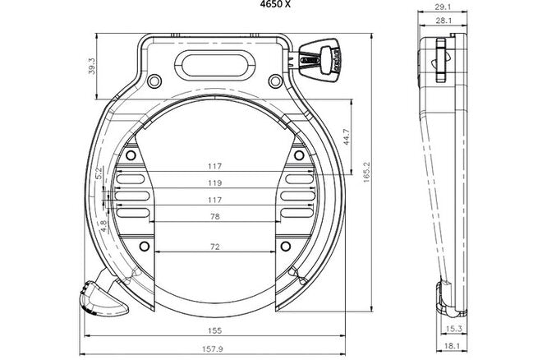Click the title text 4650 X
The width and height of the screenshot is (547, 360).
(x=273, y=4)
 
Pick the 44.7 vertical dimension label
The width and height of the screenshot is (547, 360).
(x=347, y=136)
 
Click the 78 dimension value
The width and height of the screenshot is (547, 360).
(x=215, y=215)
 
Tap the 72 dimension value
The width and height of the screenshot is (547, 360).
(x=215, y=246)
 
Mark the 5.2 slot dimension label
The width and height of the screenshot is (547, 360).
(x=99, y=173)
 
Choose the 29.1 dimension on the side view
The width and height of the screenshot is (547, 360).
(x=441, y=7)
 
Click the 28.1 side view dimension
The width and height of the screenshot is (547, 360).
(x=441, y=21)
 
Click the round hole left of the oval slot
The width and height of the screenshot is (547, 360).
(x=154, y=81)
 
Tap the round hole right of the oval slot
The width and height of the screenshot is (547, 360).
(x=274, y=81)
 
